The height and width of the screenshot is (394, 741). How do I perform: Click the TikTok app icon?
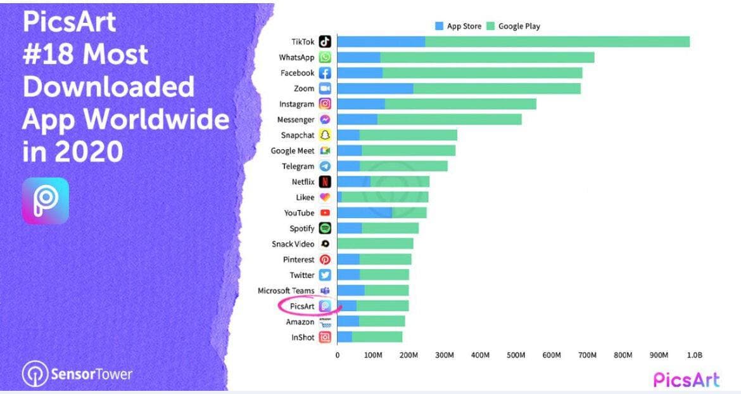(325, 42)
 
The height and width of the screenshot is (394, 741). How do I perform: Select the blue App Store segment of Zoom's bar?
(375, 88)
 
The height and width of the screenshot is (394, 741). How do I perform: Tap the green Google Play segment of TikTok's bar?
(557, 42)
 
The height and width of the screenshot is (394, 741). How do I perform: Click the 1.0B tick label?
(695, 355)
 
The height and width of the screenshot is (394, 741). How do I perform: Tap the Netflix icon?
(325, 182)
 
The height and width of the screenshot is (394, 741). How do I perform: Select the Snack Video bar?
(375, 244)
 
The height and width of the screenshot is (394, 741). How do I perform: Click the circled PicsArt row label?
(303, 306)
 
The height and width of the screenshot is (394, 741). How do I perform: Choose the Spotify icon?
(325, 228)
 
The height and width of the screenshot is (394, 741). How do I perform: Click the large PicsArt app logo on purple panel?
(46, 200)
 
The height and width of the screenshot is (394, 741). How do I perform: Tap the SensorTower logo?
(77, 374)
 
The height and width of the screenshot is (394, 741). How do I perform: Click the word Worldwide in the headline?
(157, 119)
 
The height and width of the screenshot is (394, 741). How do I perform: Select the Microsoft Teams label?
(286, 291)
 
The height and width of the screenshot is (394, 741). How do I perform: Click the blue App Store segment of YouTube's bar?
(364, 213)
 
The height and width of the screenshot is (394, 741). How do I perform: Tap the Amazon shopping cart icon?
(325, 322)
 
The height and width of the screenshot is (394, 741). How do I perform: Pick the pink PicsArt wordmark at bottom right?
(687, 379)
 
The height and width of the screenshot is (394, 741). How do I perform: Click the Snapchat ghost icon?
(325, 135)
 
